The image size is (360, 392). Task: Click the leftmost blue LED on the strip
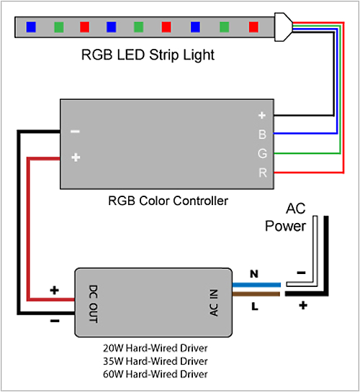point(31,27)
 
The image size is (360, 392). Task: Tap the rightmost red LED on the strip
point(253,27)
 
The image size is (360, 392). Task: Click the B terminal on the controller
point(262,134)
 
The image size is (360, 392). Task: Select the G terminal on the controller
point(262,152)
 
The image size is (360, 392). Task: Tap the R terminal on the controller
point(262,173)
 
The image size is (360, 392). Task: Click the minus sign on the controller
point(75,132)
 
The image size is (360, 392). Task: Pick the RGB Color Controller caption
point(168,201)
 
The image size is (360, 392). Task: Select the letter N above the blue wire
point(253,274)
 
